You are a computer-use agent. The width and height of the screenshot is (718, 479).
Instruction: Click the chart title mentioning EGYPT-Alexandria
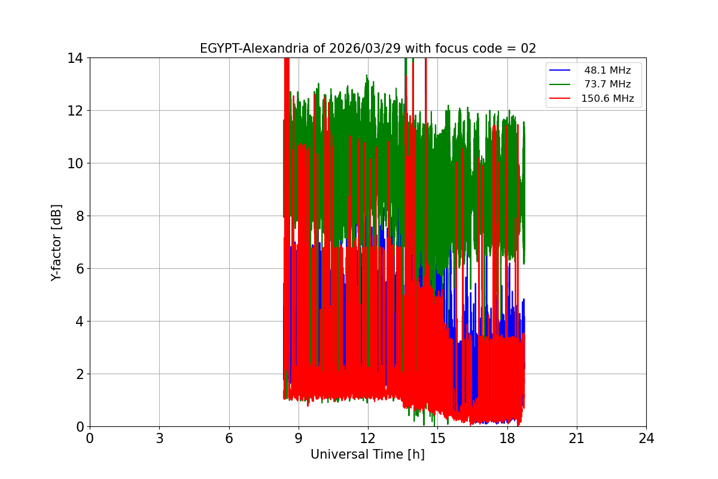coord(367,48)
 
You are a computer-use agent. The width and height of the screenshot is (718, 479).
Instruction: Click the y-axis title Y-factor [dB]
coord(56,242)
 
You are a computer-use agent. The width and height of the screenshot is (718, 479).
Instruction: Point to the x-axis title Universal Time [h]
coord(367,454)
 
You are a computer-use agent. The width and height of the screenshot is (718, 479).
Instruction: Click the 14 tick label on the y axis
coord(75,59)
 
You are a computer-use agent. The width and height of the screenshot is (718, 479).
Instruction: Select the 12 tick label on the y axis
coord(75,111)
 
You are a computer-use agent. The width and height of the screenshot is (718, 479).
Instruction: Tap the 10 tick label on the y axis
coord(75,163)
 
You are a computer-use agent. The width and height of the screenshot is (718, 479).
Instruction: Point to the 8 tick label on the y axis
coord(80,216)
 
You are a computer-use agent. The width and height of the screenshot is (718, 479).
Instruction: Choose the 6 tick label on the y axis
coord(80,269)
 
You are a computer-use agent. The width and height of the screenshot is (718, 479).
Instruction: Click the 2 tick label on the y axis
coord(80,374)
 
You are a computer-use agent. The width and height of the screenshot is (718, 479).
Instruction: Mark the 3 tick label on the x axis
coord(160,438)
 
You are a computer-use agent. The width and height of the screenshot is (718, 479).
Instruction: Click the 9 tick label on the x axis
coord(299,438)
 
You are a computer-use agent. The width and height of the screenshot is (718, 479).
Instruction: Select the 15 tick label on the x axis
coord(438,438)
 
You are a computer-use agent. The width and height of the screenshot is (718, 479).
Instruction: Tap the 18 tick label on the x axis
coord(507,438)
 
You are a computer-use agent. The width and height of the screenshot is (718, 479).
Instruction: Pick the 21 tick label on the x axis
coord(577,438)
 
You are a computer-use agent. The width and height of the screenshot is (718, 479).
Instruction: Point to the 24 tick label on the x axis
coord(647,438)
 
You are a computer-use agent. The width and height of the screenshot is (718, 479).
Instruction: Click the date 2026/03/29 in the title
coord(365,48)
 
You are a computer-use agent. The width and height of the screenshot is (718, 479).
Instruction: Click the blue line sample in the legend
coord(559,70)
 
